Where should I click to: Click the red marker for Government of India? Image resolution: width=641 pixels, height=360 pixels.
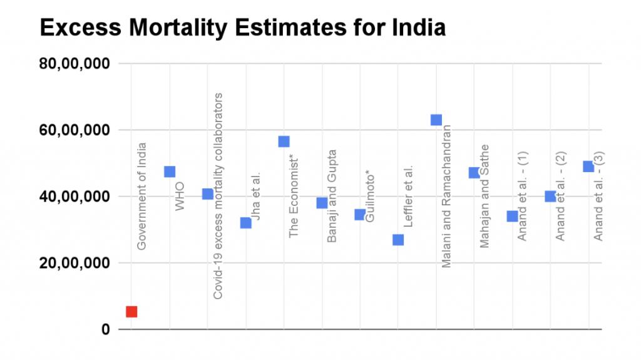click(131, 311)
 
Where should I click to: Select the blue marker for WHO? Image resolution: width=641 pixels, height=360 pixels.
click(170, 172)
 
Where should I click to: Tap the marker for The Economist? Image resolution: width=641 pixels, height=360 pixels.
click(284, 141)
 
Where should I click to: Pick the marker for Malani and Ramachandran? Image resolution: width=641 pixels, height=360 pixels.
click(436, 120)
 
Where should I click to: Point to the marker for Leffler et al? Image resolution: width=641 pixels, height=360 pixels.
click(398, 240)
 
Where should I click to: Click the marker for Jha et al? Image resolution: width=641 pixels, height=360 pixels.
click(245, 223)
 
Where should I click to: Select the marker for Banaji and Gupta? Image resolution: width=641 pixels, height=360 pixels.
click(322, 203)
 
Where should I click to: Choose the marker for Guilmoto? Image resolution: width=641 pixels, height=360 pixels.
click(360, 215)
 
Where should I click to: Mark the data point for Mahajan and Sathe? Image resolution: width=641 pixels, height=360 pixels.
click(474, 173)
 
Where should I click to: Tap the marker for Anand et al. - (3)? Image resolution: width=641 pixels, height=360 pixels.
click(588, 167)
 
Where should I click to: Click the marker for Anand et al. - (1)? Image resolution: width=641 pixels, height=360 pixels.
click(512, 216)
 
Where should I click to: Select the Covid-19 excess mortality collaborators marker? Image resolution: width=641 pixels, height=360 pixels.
click(207, 194)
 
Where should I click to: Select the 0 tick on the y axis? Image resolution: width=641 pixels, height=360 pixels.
click(105, 329)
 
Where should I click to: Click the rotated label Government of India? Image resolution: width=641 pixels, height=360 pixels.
click(142, 196)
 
